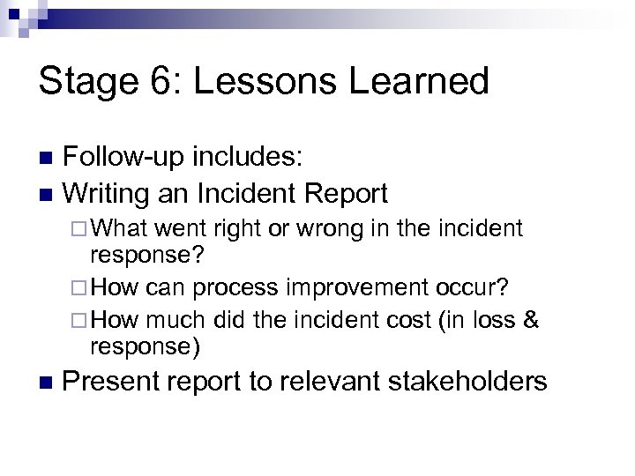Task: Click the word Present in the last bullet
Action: pos(113,383)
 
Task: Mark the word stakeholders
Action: pos(468,383)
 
